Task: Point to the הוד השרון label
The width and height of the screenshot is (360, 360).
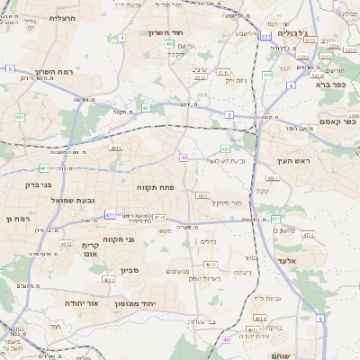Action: click(x=166, y=32)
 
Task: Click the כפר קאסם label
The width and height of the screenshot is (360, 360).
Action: click(x=337, y=121)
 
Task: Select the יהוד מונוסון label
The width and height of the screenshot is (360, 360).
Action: click(x=135, y=304)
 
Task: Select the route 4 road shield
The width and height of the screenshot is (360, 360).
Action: click(x=121, y=38)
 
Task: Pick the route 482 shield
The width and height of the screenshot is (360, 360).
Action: click(x=20, y=117)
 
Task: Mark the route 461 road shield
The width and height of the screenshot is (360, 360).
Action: click(x=44, y=168)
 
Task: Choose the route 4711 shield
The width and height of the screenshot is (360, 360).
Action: click(x=309, y=234)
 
